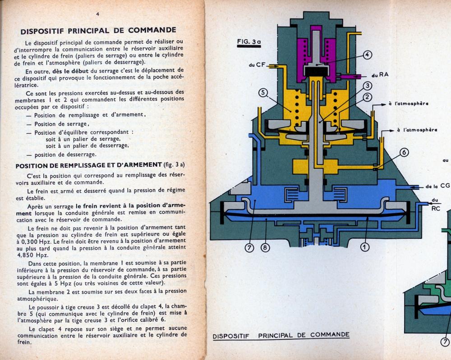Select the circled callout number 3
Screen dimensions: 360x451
point(368,86)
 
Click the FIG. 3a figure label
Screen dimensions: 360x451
point(249,42)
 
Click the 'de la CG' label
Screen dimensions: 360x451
point(437,186)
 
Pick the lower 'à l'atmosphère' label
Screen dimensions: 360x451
point(417,130)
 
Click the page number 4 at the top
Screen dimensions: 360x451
point(97,14)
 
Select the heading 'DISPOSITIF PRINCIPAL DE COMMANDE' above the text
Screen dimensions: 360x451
point(98,31)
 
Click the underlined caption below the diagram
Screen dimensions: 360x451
point(281,335)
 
